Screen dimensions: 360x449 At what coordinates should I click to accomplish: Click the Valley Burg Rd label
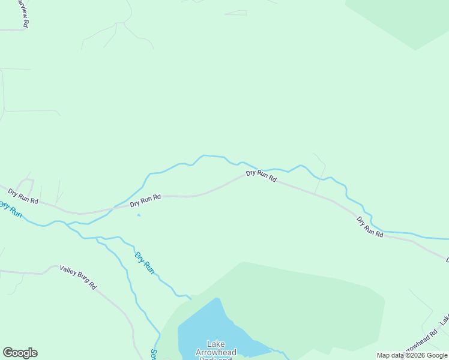pos(78,278)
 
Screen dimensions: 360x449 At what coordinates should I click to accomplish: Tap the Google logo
pos(20,353)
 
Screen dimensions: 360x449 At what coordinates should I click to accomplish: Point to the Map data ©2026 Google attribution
pos(412,356)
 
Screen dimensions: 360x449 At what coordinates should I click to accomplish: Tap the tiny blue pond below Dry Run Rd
pos(139,215)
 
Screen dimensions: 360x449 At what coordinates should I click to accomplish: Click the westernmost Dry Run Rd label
pos(23,196)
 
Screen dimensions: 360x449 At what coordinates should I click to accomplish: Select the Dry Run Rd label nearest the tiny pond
pos(145,200)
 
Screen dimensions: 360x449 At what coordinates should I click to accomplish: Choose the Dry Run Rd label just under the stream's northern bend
pos(261,176)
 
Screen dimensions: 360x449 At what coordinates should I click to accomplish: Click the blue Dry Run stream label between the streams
pos(144,263)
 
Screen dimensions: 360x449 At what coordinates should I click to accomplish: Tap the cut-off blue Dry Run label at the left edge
pos(10,209)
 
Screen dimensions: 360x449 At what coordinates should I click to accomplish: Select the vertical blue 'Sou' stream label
pos(154,354)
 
